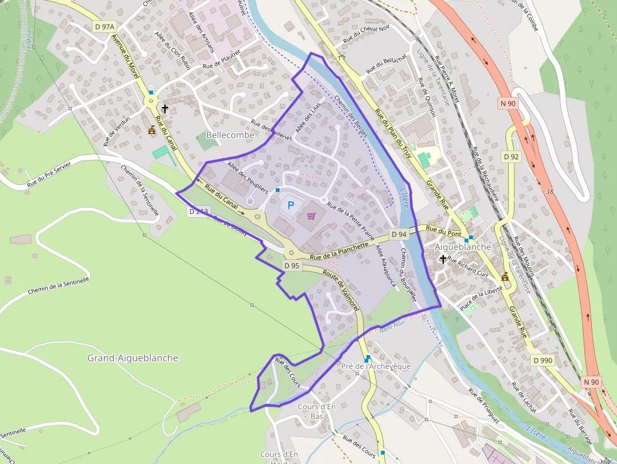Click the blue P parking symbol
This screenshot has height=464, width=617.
click(290, 205)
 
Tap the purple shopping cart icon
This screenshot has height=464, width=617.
click(311, 217)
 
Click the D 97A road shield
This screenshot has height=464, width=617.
click(105, 26)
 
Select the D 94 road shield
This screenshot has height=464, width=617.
click(399, 234)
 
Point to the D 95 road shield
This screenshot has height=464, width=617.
click(292, 266)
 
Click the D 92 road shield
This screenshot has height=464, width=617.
click(511, 156)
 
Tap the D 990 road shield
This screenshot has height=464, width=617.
click(542, 360)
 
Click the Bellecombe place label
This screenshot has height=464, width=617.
click(230, 135)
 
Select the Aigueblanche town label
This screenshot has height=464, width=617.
click(463, 247)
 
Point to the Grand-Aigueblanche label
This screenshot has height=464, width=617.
click(132, 358)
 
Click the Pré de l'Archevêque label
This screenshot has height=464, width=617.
click(375, 366)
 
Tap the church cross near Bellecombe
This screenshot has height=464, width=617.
click(165, 109)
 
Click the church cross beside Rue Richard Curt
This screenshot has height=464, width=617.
click(443, 259)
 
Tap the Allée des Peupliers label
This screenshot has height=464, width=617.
click(248, 177)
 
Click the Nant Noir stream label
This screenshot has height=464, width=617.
click(392, 326)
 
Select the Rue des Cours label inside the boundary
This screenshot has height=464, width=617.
click(288, 372)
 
